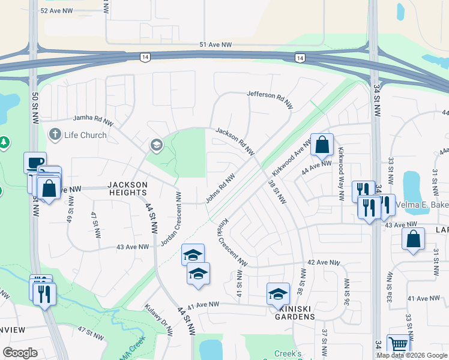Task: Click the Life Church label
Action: pos(85,135)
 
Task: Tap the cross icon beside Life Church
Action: pos(55,134)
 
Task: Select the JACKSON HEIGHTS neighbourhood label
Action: pos(127,188)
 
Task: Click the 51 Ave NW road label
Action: pos(215,45)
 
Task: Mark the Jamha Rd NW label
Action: pos(93,120)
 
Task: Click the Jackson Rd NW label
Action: pos(236,142)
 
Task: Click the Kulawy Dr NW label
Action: pos(158,319)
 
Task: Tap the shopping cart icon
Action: pos(398,344)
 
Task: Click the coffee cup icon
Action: pos(35,162)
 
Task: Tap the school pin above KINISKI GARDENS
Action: pos(278,293)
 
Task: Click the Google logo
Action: pos(20,353)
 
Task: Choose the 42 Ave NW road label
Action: pos(320,262)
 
